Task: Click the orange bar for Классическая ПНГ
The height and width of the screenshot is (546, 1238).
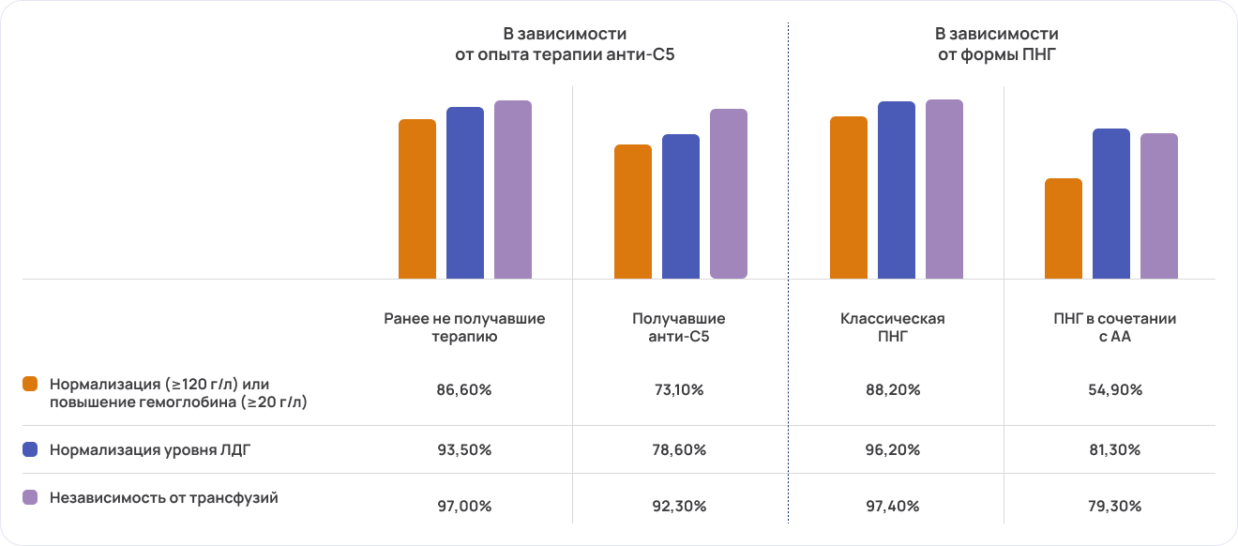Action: pos(848,198)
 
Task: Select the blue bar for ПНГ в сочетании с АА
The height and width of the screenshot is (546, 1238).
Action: pos(1111,204)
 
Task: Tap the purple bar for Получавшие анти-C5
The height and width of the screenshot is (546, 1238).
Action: pos(729,193)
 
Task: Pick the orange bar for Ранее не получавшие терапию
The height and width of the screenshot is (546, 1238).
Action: pos(417,199)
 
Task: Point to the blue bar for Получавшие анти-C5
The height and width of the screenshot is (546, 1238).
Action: pos(681,206)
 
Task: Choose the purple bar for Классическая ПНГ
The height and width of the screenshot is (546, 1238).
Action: pos(944,189)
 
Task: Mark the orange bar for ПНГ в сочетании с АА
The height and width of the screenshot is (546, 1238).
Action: pos(1064,228)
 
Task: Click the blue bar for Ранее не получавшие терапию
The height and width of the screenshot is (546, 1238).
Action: pos(465,192)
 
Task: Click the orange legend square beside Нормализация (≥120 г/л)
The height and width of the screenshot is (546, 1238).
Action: pos(31,385)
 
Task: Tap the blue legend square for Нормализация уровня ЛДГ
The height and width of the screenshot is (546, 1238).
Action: pos(31,450)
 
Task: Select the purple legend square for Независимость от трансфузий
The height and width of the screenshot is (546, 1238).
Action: pos(31,498)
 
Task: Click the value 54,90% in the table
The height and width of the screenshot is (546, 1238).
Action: pos(1112,390)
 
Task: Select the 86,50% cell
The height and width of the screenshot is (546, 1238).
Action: pos(463,390)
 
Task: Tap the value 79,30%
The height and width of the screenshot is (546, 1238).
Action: pos(1112,507)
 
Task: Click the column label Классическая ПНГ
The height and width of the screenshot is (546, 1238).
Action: pos(892,327)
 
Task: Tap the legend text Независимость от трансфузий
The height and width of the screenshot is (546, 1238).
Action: pos(163,498)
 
